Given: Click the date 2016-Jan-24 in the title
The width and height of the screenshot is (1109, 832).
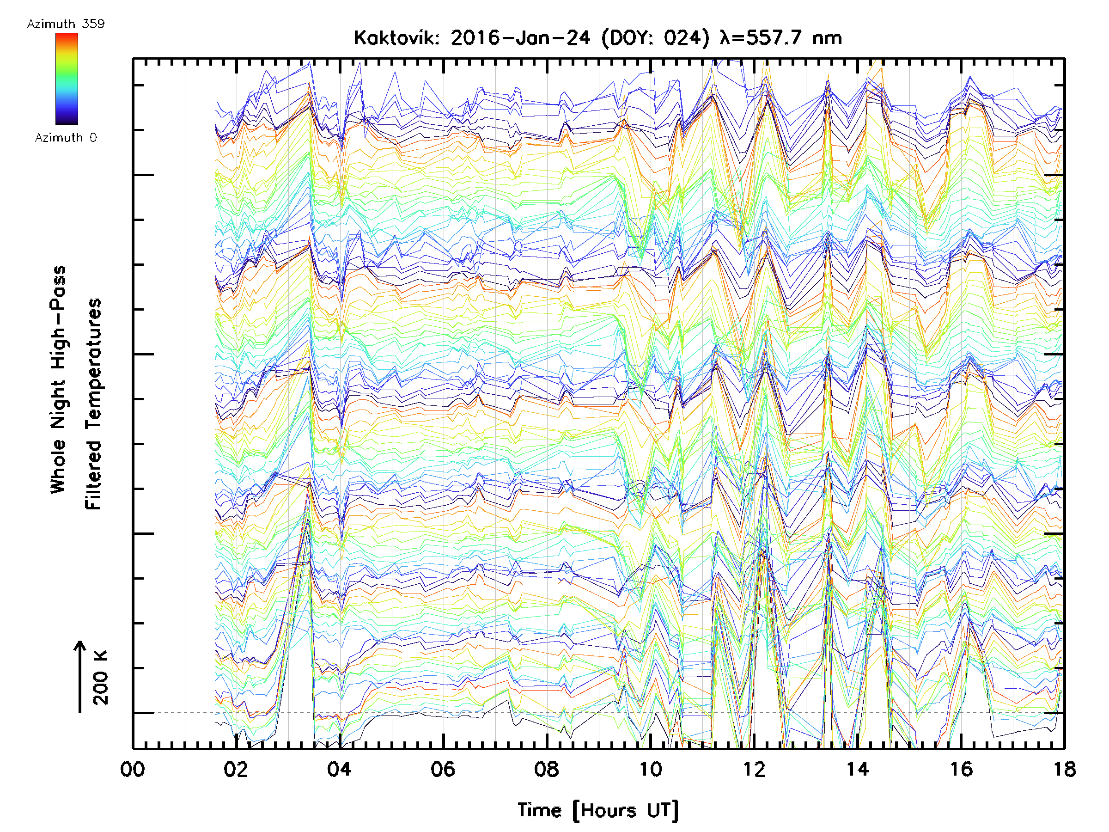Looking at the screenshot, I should coord(520,38).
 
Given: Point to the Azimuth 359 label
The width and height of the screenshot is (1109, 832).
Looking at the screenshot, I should coord(66,24).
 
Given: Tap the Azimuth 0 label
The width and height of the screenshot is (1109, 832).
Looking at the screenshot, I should coord(66,137).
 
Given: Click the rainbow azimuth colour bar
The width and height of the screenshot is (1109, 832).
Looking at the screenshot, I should coord(67,78).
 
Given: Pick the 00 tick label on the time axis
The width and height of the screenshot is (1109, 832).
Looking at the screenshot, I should coord(133,769).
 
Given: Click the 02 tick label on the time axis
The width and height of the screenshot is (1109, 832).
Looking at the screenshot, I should coord(236,769).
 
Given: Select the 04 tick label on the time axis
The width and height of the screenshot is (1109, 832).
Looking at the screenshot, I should coord(340,769).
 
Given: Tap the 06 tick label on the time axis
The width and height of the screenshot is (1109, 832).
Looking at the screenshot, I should coord(443,769).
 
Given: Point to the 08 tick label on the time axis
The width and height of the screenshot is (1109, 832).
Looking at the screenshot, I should coord(547,769).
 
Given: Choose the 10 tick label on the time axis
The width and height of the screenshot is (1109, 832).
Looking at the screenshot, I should coord(650,769).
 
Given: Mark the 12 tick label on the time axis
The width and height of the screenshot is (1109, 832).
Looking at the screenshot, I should coord(754,769).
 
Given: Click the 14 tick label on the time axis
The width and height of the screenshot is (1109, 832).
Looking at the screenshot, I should coord(858,769).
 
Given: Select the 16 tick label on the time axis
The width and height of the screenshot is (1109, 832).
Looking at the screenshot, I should coord(961,769).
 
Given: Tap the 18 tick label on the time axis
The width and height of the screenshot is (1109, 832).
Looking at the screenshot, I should coord(1064,769).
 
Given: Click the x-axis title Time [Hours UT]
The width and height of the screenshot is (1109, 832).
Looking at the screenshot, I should coord(597,810).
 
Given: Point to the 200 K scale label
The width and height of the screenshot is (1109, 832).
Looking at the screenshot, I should coord(100,677).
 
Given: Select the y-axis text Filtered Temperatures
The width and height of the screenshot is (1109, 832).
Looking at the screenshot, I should coord(93,404).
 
